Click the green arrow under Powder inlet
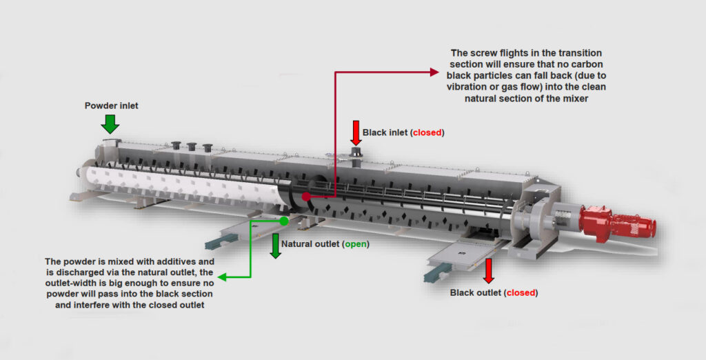pos(110,123)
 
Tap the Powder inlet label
pos(110,106)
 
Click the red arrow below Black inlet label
pos(356,132)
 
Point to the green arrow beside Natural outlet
pos(276,246)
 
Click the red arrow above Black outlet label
pos(489,271)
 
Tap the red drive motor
pos(616,222)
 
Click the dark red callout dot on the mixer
pos(305,197)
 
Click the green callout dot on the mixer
pos(284,221)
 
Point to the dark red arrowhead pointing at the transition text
pos(434,71)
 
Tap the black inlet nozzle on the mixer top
pos(356,152)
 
